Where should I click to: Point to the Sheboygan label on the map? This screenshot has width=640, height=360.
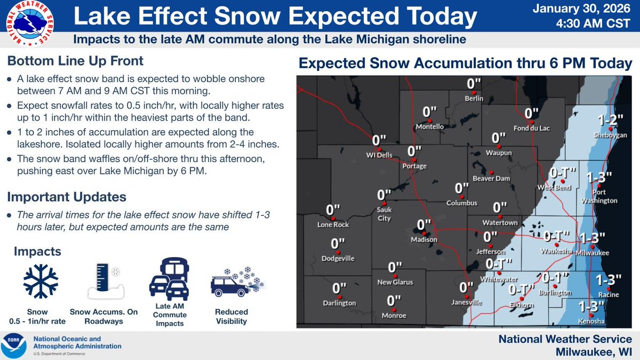pyautogui.click(x=610, y=136)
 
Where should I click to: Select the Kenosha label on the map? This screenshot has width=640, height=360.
pyautogui.click(x=591, y=321)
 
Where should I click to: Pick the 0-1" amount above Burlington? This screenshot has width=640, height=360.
pyautogui.click(x=556, y=277)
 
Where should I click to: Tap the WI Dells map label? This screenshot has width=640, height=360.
pyautogui.click(x=379, y=155)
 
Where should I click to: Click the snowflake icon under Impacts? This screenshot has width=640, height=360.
pyautogui.click(x=41, y=281)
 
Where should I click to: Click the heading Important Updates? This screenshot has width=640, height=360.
pyautogui.click(x=67, y=196)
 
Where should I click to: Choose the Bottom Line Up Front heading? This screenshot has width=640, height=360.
pyautogui.click(x=75, y=61)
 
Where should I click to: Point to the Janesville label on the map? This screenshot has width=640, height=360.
pyautogui.click(x=467, y=302)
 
